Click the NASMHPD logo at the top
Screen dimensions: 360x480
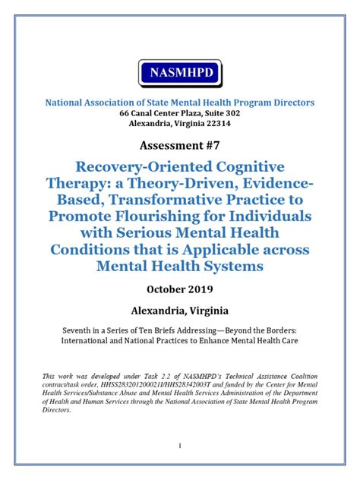[180, 73]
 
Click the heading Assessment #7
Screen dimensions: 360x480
[180, 144]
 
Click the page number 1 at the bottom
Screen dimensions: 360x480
[180, 447]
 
